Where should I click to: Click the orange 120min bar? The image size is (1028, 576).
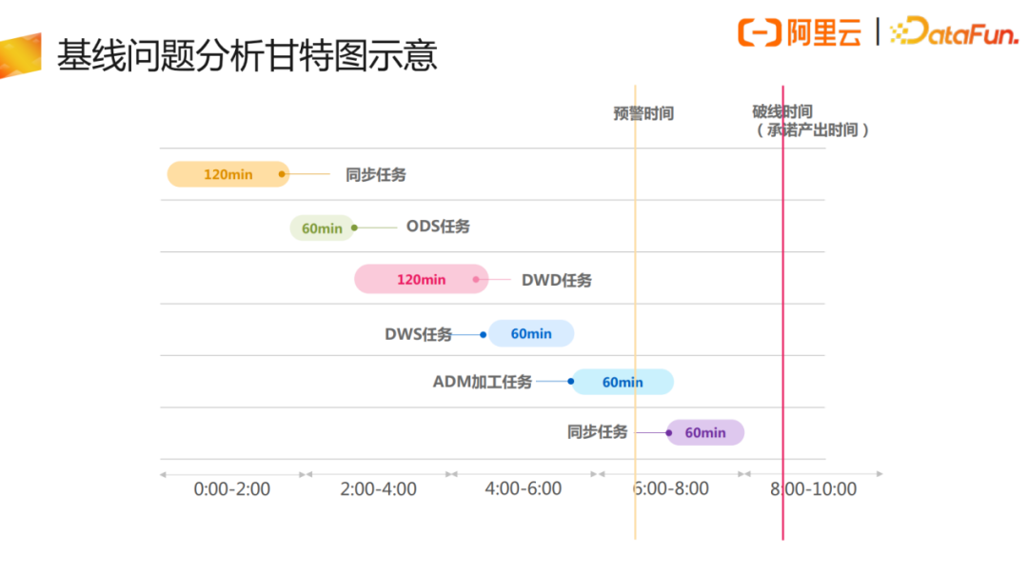click(227, 174)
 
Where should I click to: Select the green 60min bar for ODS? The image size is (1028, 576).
click(322, 228)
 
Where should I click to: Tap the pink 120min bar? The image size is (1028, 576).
click(421, 279)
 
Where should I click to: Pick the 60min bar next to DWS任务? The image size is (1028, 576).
click(531, 333)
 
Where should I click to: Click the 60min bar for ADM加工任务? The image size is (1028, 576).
click(623, 382)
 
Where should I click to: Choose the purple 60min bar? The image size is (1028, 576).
click(705, 432)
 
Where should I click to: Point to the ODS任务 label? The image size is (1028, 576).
click(438, 227)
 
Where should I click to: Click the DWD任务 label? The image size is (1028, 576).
click(557, 280)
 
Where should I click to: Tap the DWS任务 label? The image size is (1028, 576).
click(419, 334)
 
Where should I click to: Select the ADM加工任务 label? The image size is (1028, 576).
click(483, 382)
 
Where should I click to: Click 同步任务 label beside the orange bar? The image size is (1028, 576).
click(376, 174)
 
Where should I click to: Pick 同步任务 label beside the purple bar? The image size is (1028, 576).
click(598, 432)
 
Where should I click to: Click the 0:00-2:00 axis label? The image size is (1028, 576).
click(232, 489)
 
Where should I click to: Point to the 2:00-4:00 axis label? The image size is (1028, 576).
click(378, 489)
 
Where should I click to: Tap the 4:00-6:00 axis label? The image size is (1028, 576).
click(524, 489)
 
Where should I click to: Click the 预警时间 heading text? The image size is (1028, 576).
click(643, 113)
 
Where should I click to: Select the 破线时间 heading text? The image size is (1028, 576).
click(782, 112)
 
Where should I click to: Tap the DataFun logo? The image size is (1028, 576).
click(954, 32)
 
